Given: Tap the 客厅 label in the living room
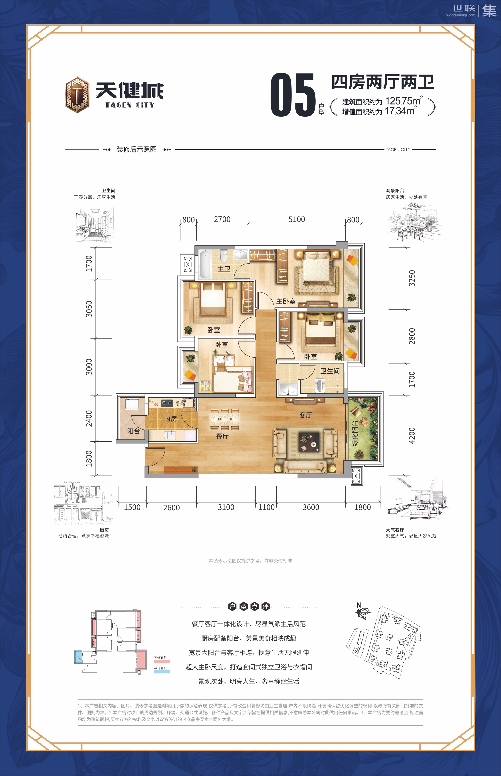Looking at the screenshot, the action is [x=305, y=415].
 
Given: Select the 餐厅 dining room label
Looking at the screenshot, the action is [x=222, y=436].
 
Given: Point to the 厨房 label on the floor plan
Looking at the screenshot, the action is [x=170, y=419].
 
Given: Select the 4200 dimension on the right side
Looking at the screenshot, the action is [x=412, y=435].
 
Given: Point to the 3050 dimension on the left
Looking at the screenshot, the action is [x=89, y=309].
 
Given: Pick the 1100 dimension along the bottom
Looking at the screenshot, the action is [x=266, y=507].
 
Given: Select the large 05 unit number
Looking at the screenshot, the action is [x=293, y=95].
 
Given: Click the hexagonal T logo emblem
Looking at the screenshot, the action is [x=77, y=95].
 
